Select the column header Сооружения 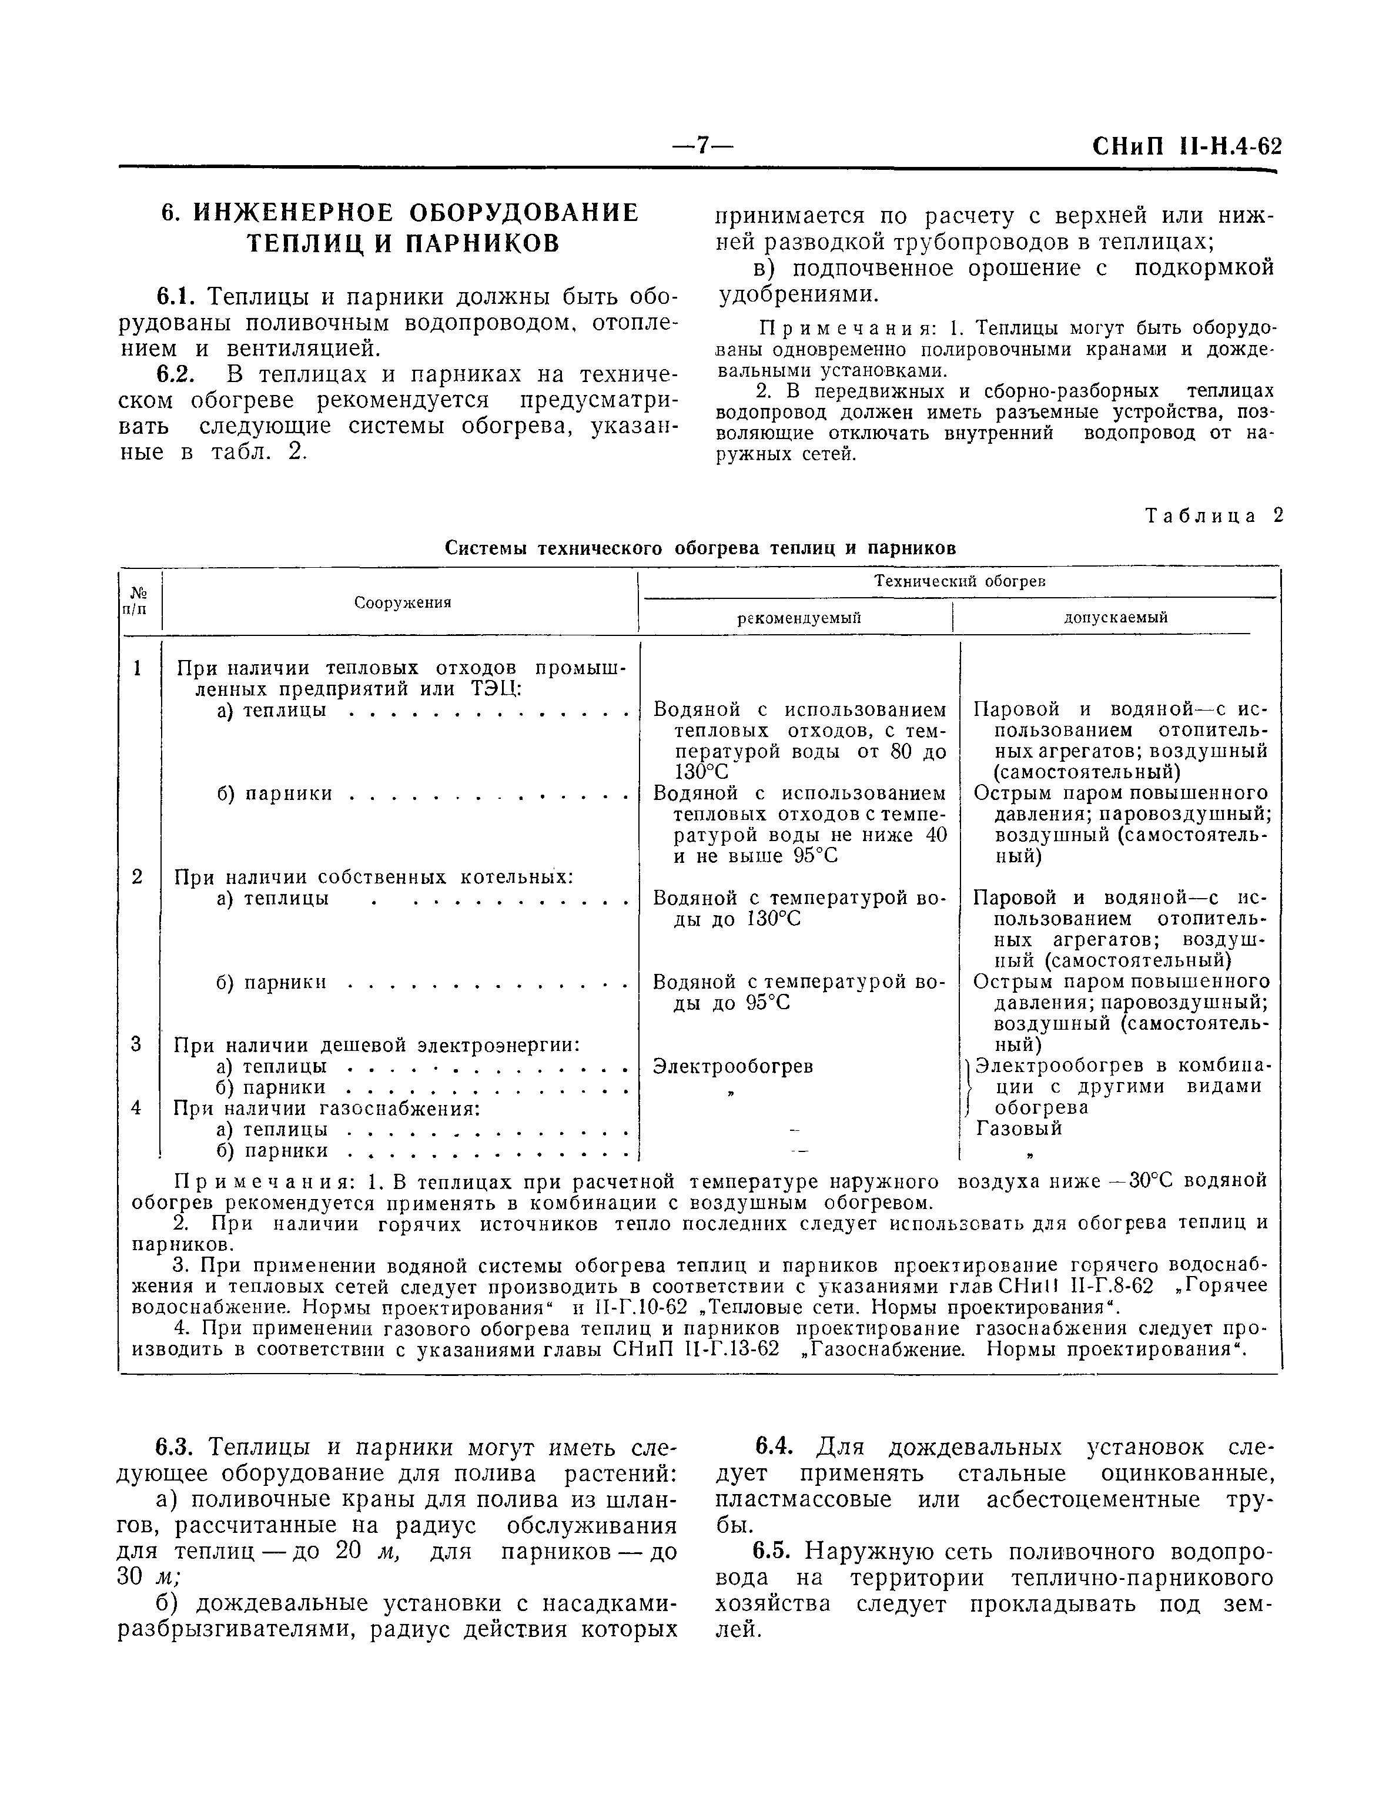point(403,602)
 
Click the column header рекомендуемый point(799,617)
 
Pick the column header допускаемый point(1115,617)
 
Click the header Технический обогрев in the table point(960,582)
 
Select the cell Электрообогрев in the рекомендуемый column point(732,1067)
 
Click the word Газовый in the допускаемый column point(1019,1128)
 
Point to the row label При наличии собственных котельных point(374,877)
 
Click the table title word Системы point(487,548)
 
